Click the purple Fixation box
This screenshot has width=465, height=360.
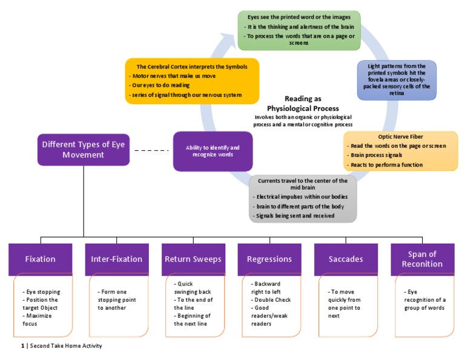41,259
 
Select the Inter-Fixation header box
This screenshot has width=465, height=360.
117,259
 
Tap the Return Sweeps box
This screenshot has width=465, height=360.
193,259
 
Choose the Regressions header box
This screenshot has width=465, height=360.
269,259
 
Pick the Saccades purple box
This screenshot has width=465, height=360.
346,259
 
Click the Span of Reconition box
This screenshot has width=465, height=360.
422,259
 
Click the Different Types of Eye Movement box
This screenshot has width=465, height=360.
84,149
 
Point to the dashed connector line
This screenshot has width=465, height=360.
151,150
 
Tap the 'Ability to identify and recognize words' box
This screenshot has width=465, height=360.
213,151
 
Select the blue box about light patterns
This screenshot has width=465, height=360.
397,79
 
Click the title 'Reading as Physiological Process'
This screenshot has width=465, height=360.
303,104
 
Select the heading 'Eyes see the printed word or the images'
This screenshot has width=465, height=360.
298,16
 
